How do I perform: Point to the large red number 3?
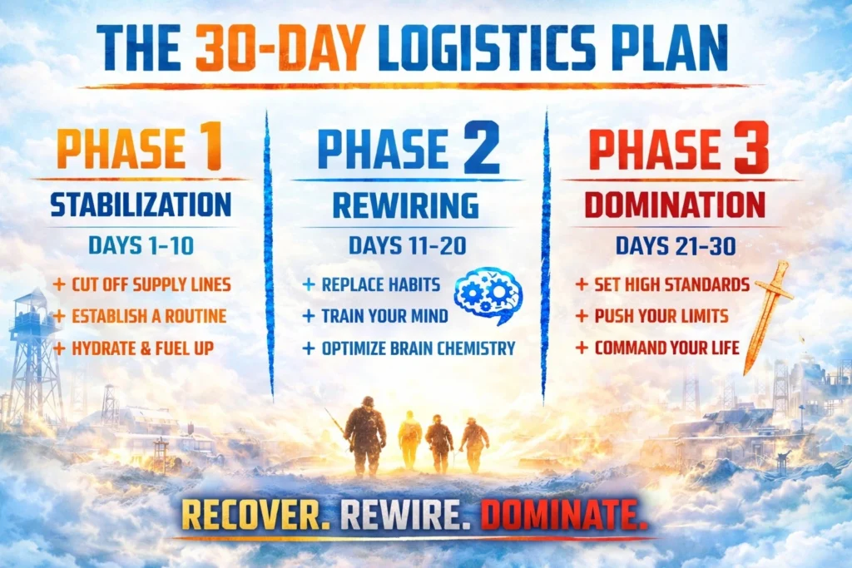click(x=750, y=147)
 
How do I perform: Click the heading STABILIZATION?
click(x=141, y=205)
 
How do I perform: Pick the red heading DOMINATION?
click(x=675, y=205)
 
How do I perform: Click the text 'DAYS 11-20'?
click(x=407, y=246)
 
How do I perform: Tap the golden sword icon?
click(x=767, y=316)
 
